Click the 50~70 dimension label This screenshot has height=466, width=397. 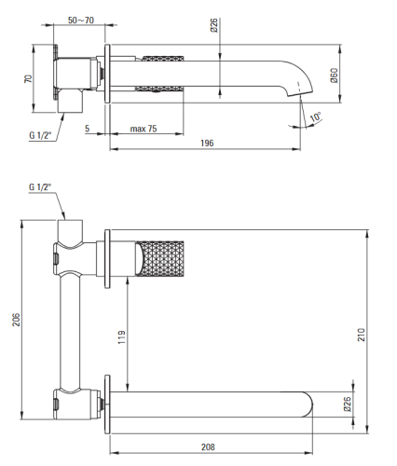(x=81, y=21)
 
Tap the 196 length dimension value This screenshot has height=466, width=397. (x=207, y=143)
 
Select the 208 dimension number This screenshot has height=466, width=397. (x=208, y=447)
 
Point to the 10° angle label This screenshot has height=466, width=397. (x=316, y=117)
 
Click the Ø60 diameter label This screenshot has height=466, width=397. (x=335, y=75)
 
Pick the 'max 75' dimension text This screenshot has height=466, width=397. (x=144, y=129)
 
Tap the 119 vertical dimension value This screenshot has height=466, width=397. (x=121, y=337)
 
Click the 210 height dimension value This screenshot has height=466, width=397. (x=362, y=335)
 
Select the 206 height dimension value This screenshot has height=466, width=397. (x=16, y=320)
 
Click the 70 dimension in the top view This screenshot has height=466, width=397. (x=28, y=78)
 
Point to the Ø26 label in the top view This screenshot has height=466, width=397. (x=214, y=25)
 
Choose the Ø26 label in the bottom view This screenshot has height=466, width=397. (x=348, y=404)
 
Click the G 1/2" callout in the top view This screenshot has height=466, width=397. (x=40, y=135)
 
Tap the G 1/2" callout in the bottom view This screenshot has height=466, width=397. (x=40, y=187)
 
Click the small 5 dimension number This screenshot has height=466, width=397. (x=88, y=129)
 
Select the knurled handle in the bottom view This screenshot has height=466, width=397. (x=160, y=257)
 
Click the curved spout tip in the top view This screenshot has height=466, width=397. (x=300, y=89)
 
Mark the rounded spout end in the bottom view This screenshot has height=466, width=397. (x=308, y=404)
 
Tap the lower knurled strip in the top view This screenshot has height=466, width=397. (x=159, y=89)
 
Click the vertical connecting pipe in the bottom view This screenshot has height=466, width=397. (x=70, y=332)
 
